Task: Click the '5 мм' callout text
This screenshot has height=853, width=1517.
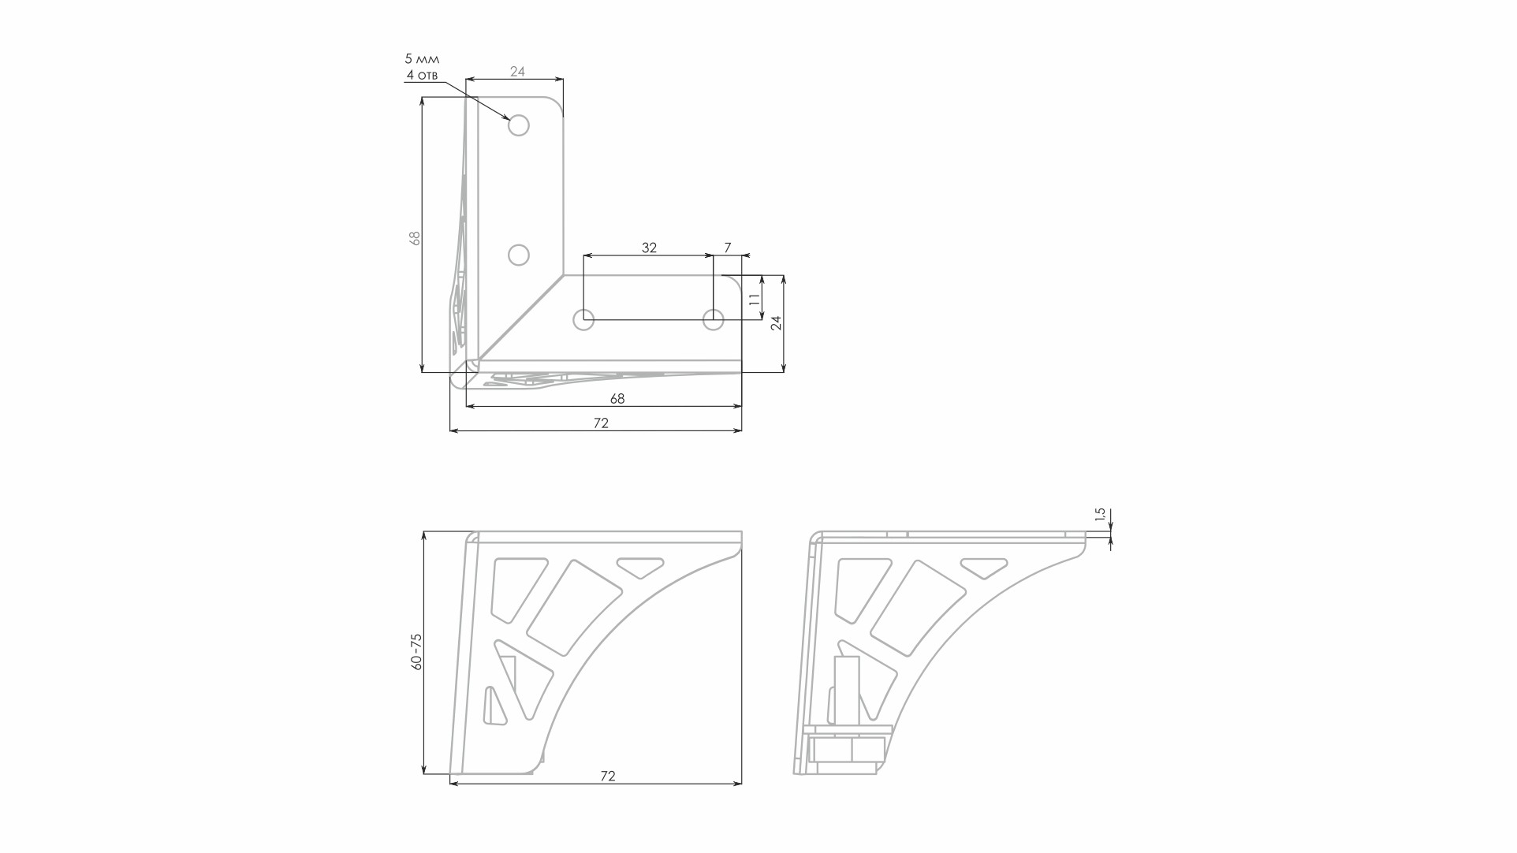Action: pyautogui.click(x=422, y=59)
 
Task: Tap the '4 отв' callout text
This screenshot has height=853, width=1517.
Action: pyautogui.click(x=422, y=76)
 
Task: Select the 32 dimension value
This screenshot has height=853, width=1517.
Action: pyautogui.click(x=649, y=248)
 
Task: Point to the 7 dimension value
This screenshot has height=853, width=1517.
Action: pyautogui.click(x=728, y=248)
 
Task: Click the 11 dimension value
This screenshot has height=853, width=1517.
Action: pyautogui.click(x=755, y=300)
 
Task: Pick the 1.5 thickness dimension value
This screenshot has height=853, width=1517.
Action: pyautogui.click(x=1101, y=516)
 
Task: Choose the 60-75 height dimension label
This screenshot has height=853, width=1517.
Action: pyautogui.click(x=417, y=652)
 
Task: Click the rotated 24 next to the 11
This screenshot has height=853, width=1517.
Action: pyautogui.click(x=777, y=322)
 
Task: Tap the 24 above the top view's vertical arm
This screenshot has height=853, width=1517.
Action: pyautogui.click(x=517, y=72)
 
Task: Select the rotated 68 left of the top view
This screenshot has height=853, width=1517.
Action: pyautogui.click(x=416, y=237)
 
